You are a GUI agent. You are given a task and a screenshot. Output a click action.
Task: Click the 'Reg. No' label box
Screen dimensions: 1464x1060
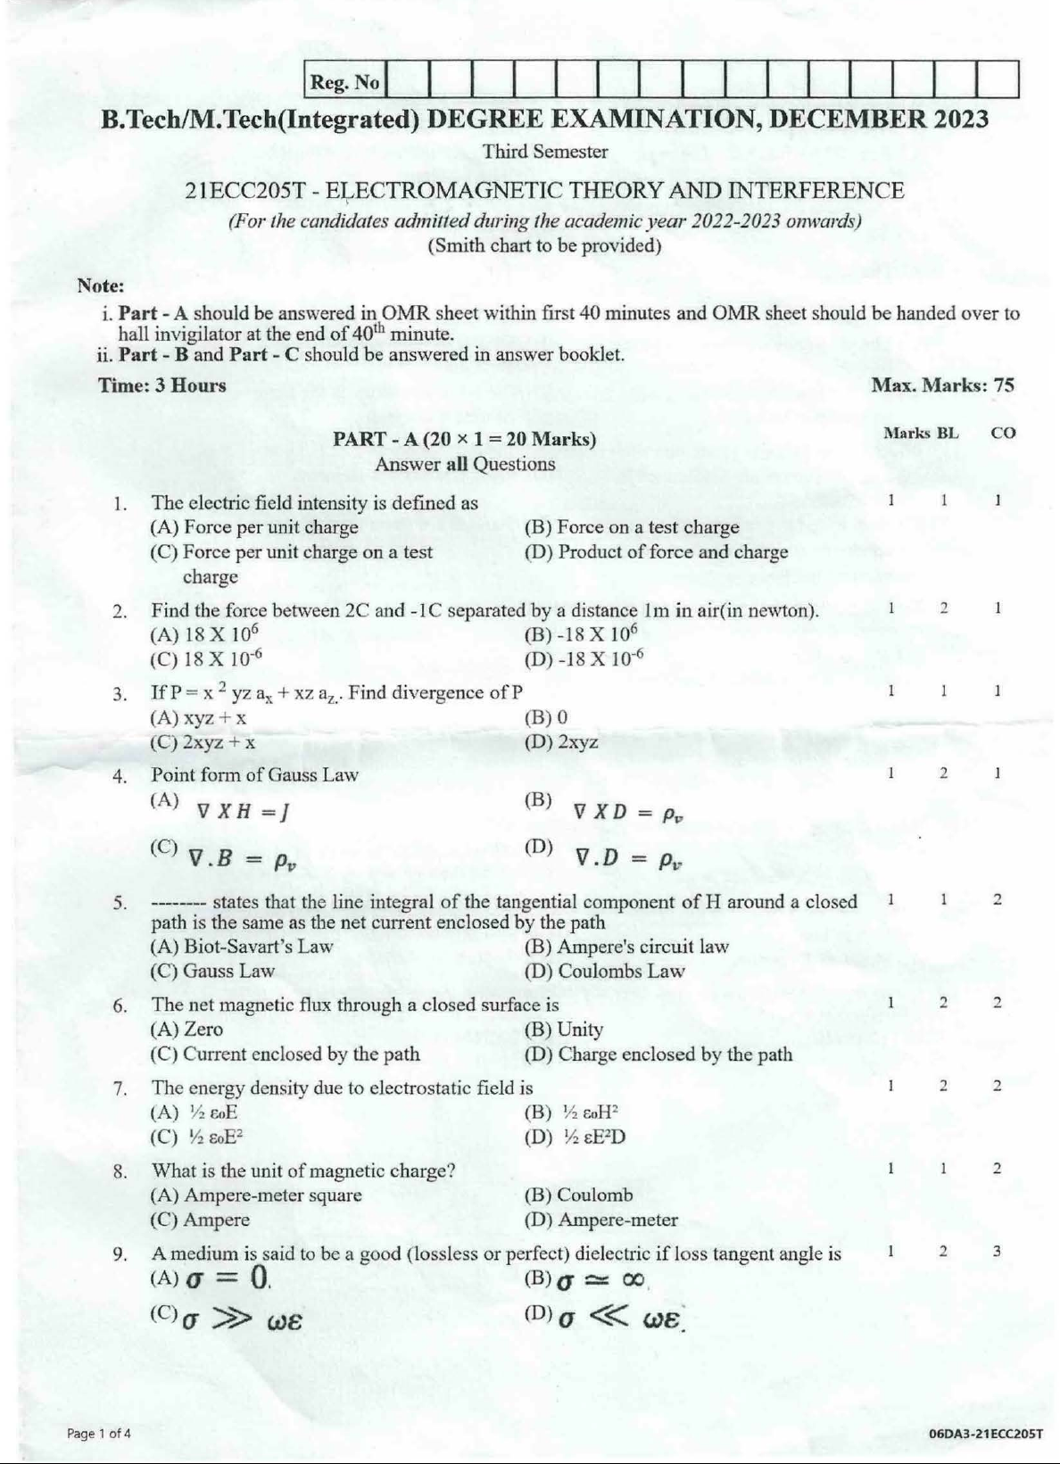[344, 83]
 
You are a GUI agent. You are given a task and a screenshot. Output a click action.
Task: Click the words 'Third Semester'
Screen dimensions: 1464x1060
[544, 152]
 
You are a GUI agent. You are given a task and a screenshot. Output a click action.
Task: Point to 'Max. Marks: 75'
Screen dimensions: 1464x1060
[941, 385]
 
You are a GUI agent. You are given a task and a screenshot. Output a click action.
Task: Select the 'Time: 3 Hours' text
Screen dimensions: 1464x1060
[163, 385]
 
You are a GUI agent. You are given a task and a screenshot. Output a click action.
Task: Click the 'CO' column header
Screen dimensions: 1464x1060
[1003, 433]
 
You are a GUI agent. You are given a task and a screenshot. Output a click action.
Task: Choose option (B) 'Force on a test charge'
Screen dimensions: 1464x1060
[632, 527]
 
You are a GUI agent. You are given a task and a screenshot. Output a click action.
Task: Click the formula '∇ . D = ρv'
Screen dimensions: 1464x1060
[628, 858]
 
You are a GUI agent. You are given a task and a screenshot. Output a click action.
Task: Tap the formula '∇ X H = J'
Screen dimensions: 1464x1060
[242, 811]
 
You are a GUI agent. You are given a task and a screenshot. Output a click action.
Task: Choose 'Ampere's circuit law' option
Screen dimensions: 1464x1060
[626, 947]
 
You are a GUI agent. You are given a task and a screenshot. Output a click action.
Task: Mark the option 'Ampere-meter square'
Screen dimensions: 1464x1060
[256, 1195]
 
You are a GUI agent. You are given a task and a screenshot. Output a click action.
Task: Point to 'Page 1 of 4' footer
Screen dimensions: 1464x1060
[98, 1434]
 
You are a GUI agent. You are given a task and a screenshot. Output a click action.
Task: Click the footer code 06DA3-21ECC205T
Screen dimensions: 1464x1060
[985, 1434]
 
